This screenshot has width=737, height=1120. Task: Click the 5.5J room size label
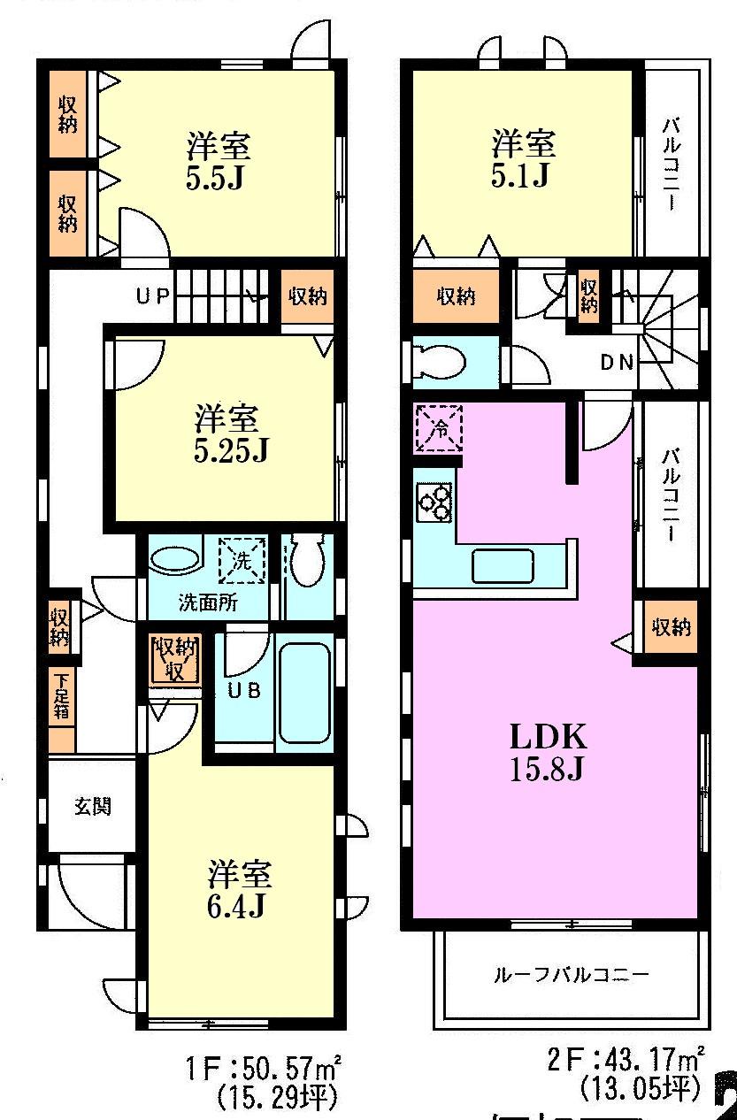pos(218,161)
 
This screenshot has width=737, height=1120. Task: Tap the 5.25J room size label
pos(228,433)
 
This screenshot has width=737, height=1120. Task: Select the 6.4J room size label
pos(239,890)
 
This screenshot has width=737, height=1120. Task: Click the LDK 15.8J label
pos(546,752)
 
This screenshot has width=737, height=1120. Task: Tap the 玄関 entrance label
pos(92,807)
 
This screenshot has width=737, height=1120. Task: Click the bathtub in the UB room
pos(305,692)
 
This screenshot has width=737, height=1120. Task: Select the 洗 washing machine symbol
pos(242,559)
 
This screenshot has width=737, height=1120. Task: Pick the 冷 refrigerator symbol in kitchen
pos(440,428)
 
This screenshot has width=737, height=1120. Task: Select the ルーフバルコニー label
pos(571,976)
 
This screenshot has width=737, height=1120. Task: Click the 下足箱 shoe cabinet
pos(62,697)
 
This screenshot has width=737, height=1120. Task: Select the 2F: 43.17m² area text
pos(626,1058)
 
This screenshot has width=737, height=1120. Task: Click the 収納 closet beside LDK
pos(671,628)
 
